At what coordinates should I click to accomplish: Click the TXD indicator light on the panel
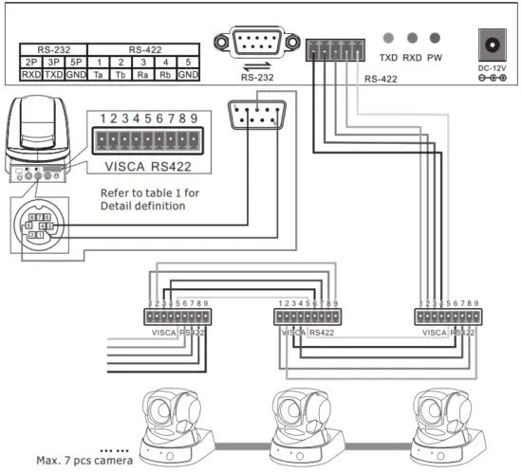[x=388, y=38]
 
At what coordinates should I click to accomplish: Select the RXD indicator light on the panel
[x=412, y=38]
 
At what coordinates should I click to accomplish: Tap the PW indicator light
[x=435, y=38]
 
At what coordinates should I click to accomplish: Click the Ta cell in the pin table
[x=98, y=73]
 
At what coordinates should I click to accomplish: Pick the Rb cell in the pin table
[x=165, y=73]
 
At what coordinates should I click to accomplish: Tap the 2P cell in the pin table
[x=30, y=61]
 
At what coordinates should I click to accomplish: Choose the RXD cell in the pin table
[x=30, y=73]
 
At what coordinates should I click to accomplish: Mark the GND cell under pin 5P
[x=76, y=73]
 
